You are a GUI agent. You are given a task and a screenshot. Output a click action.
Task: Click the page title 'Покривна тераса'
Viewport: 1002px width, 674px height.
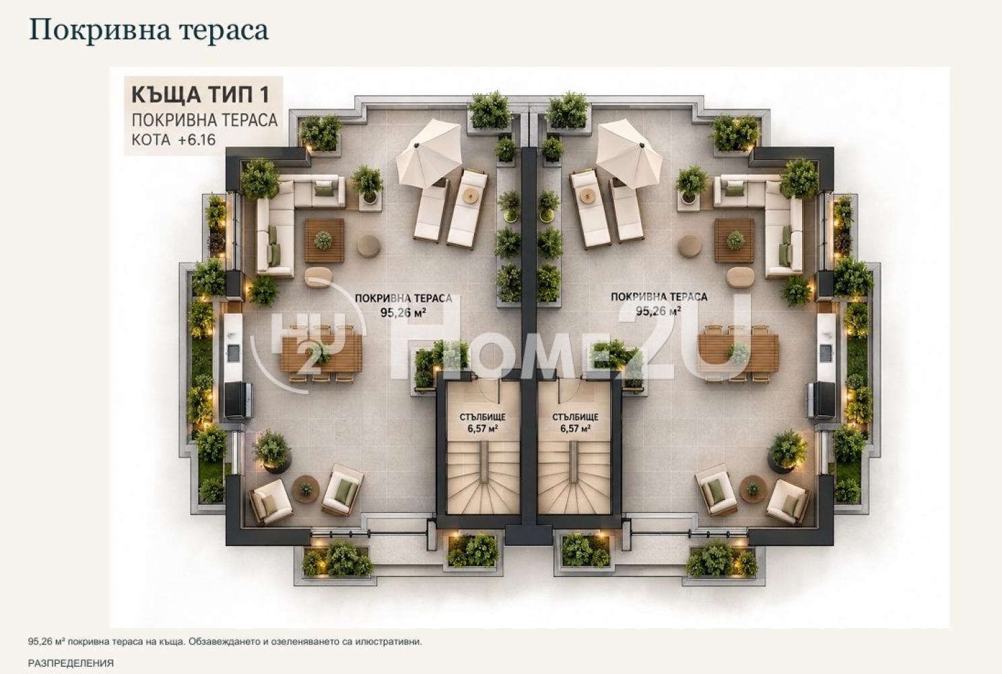[149, 31]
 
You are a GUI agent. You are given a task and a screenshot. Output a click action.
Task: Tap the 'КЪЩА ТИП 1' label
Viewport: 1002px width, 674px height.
[201, 95]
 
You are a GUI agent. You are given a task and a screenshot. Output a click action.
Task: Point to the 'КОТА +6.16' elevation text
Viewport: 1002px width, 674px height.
[174, 140]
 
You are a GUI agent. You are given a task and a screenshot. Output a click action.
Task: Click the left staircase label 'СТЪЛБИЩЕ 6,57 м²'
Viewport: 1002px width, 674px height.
[483, 423]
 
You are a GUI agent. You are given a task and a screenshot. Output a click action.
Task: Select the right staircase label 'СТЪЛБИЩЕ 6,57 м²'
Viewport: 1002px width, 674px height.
[575, 423]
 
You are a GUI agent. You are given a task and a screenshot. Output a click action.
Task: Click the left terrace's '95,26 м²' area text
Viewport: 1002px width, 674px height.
[403, 312]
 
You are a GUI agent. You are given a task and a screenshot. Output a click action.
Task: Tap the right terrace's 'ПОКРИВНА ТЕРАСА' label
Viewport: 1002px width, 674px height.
[659, 297]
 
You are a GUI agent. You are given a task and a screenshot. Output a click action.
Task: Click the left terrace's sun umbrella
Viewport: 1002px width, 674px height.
[428, 153]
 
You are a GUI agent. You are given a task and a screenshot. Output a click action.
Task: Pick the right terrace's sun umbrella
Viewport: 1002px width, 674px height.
[629, 153]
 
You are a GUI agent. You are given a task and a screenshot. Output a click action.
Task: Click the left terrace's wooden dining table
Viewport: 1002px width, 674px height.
[321, 354]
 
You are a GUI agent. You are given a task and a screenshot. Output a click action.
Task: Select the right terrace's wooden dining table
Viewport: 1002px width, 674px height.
[738, 354]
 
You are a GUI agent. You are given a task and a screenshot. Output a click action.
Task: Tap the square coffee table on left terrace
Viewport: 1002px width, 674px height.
[325, 241]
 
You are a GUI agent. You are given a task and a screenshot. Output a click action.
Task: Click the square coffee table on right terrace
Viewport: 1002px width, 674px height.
[734, 241]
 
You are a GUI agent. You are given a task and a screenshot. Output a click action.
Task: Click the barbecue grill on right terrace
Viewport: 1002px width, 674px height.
[821, 400]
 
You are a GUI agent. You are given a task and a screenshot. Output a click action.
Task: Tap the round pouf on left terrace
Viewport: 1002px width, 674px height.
[369, 246]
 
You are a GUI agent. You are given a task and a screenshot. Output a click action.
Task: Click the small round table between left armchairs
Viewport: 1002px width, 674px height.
[306, 489]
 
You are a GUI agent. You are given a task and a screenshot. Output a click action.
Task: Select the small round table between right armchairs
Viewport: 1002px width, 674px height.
[753, 489]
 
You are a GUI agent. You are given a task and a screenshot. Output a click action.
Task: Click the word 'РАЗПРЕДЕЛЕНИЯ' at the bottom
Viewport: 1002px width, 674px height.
[71, 663]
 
